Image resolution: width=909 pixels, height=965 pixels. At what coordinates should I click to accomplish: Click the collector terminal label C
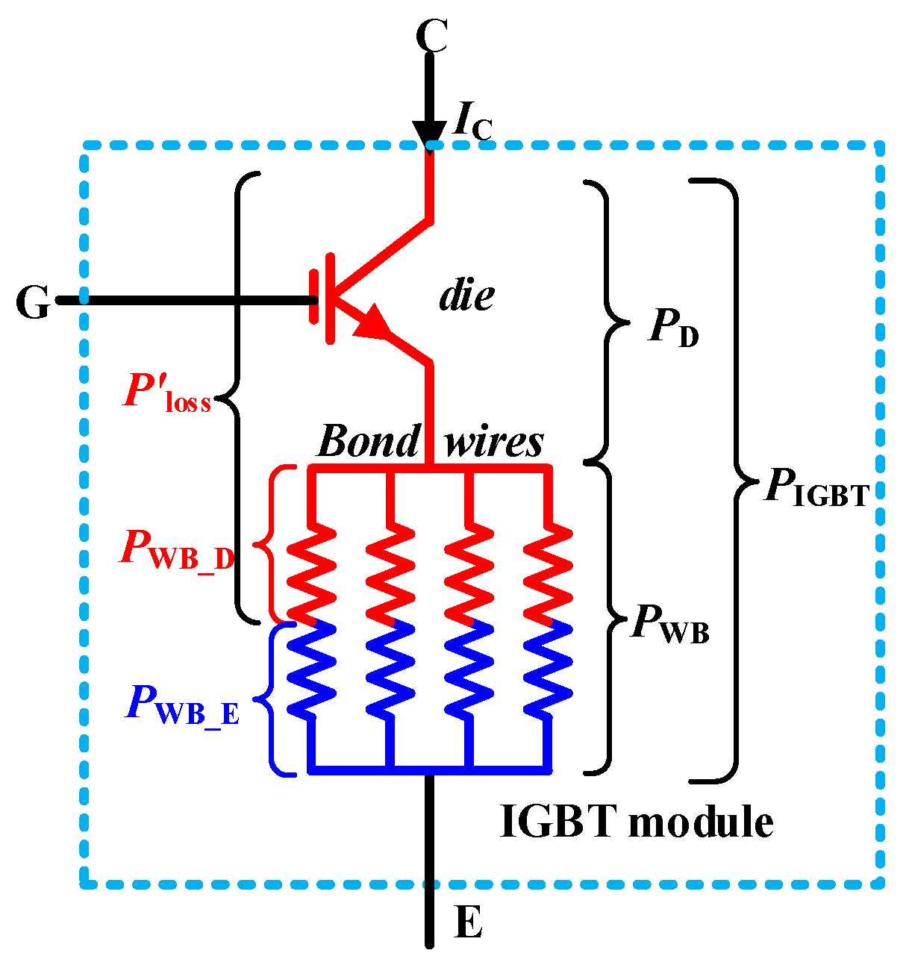click(431, 35)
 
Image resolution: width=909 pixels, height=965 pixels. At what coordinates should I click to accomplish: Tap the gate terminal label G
click(33, 303)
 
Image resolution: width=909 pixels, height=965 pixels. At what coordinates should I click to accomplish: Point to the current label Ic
click(472, 122)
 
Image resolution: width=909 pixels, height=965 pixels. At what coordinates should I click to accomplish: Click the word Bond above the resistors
click(369, 441)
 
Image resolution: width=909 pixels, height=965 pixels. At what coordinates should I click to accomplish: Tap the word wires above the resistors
click(494, 441)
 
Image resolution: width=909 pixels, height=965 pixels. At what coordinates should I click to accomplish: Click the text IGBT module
click(636, 822)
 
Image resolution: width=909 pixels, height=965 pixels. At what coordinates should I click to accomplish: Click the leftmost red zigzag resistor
click(312, 571)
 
